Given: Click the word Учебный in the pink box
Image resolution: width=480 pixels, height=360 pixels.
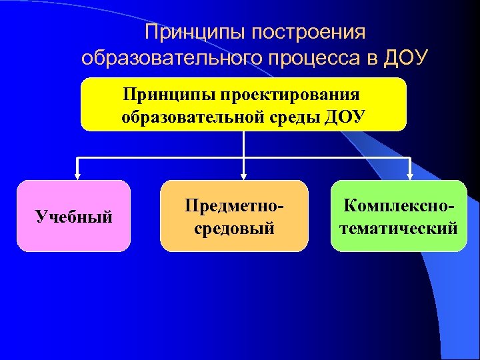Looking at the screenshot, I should pyautogui.click(x=73, y=216).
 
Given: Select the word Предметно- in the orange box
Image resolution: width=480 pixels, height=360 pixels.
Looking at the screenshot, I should pyautogui.click(x=234, y=205).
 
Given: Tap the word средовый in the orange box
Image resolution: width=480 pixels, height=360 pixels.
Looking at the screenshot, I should pyautogui.click(x=234, y=228).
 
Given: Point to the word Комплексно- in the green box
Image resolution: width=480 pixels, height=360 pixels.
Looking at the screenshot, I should pyautogui.click(x=399, y=205).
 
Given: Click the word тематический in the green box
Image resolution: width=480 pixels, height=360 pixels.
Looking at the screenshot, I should pyautogui.click(x=399, y=228).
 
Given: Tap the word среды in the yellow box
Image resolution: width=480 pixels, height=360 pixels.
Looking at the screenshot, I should pyautogui.click(x=290, y=117).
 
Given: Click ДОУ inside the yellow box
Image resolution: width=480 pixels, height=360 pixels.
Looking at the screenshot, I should pyautogui.click(x=343, y=117).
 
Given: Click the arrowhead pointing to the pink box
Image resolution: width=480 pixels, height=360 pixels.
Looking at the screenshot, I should pyautogui.click(x=77, y=176).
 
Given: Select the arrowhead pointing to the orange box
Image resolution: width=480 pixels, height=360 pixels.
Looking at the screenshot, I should pyautogui.click(x=244, y=176).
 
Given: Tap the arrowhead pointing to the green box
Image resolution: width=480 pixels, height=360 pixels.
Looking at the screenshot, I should pyautogui.click(x=411, y=176).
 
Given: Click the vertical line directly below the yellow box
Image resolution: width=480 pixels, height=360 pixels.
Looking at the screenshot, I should pyautogui.click(x=244, y=143).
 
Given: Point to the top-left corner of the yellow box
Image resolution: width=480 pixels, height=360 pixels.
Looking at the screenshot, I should pyautogui.click(x=83, y=80).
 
